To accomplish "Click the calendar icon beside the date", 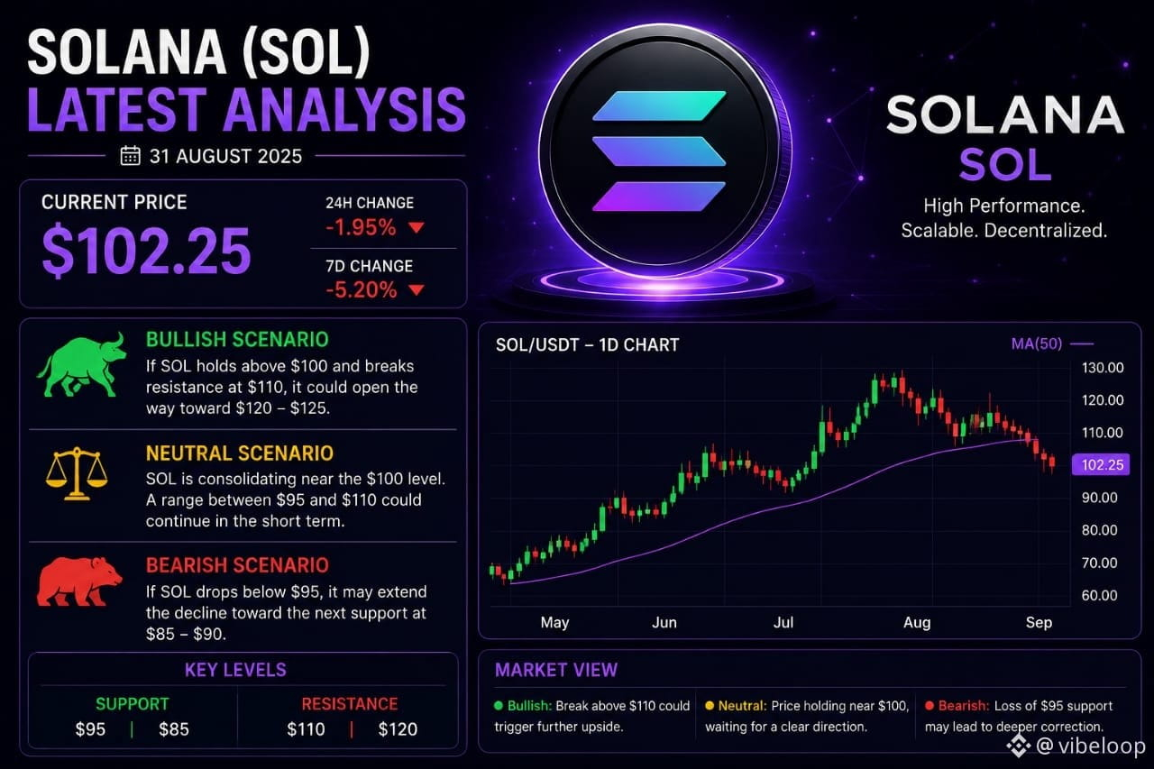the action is click(130, 156).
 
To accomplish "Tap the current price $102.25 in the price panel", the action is click(146, 251).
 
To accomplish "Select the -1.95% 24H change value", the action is click(361, 227).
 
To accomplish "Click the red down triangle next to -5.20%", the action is click(417, 290).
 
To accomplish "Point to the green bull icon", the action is click(82, 365).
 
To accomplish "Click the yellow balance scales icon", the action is click(77, 474).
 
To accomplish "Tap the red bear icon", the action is click(79, 581).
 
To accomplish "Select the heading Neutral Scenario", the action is click(240, 453).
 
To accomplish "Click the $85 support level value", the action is click(174, 728).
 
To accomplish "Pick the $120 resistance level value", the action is click(398, 728).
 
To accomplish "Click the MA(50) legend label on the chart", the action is click(1037, 343).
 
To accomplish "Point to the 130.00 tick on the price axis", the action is click(1103, 368).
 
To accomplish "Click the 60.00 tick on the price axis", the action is click(1099, 595).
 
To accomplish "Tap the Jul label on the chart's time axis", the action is click(783, 622).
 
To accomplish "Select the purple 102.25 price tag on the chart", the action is click(1101, 464).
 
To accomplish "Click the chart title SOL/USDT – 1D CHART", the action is click(587, 344).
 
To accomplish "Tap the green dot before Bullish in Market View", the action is click(499, 706).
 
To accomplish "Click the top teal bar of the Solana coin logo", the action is click(659, 105).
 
